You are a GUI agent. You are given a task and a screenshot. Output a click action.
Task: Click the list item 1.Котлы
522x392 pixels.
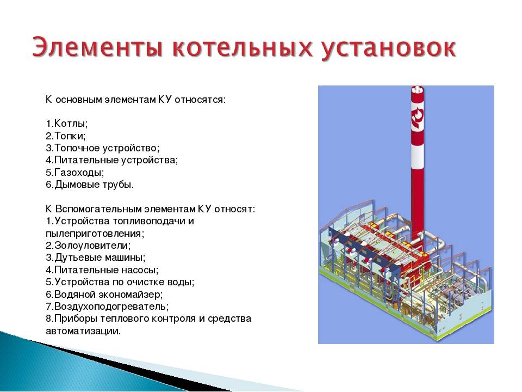point(66,124)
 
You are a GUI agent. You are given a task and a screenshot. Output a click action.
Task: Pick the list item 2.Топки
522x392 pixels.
point(66,136)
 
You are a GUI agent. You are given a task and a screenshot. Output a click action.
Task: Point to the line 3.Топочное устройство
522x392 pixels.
point(103,148)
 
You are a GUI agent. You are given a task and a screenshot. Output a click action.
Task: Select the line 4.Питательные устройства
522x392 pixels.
point(112,160)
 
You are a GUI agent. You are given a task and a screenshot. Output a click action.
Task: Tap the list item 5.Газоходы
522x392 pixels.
point(75,173)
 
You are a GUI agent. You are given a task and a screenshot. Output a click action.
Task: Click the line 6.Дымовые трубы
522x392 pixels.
point(90,185)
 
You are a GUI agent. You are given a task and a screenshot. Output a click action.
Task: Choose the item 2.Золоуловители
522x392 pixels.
point(88,246)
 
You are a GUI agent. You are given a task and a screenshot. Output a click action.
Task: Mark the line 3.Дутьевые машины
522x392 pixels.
point(96,258)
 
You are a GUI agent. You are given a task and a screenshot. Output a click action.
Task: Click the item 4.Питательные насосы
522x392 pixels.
point(102,269)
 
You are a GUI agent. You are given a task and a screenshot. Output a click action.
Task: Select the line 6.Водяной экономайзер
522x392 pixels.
point(104,295)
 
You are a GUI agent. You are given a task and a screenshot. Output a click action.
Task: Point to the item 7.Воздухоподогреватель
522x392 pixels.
point(107,307)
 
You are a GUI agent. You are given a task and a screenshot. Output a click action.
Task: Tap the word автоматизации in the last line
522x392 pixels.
point(83,331)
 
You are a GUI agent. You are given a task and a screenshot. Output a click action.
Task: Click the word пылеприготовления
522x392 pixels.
point(95,234)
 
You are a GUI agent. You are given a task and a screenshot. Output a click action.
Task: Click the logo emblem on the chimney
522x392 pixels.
point(418,118)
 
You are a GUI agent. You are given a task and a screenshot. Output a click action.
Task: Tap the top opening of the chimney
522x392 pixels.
point(418,90)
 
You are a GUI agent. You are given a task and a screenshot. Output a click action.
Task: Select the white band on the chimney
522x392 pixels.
point(418,153)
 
